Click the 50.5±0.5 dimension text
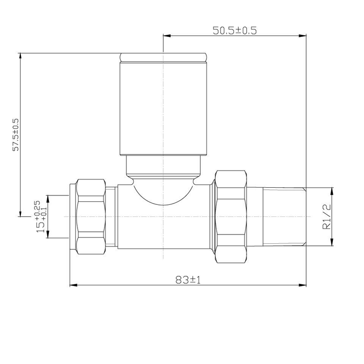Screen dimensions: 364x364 235,31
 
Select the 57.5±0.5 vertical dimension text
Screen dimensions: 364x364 16,135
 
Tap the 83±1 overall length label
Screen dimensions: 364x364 188,280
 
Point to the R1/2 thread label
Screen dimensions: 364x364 327,217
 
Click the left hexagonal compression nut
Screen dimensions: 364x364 91,217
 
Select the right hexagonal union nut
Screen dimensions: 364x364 230,217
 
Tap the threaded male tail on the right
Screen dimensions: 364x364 284,217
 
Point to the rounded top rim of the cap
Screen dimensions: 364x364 163,57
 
